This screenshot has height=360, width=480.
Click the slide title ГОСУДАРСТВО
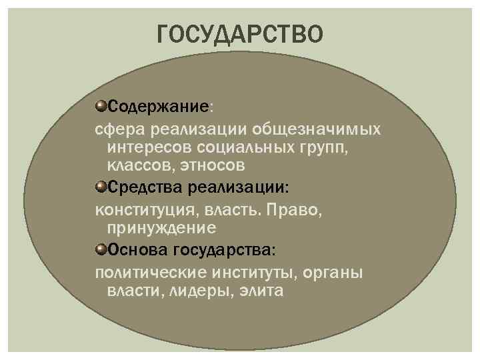coord(240,34)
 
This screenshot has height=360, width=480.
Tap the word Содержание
coord(159,106)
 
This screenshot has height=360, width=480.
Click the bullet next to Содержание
coord(101,106)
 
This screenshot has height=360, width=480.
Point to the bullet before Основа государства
coord(101,249)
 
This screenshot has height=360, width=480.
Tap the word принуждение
coord(161,228)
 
